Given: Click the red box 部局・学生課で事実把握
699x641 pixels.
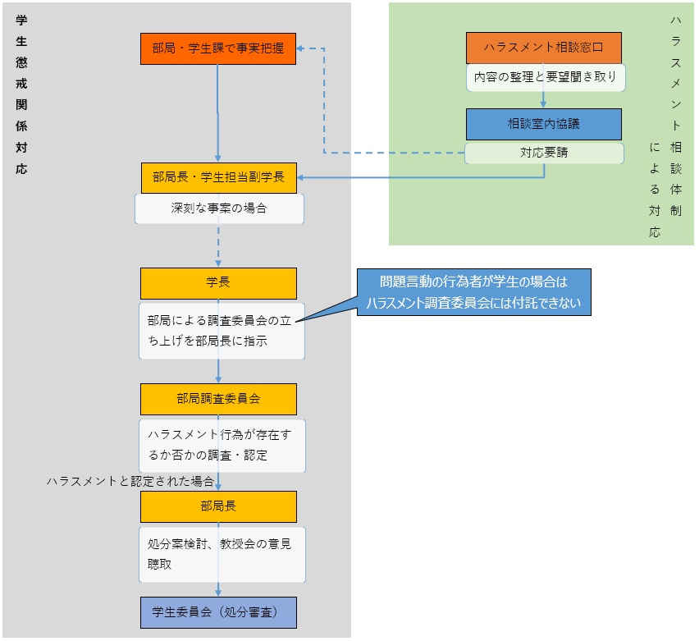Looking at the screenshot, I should click(217, 48).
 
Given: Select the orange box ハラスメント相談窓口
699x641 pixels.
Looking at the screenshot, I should click(543, 48).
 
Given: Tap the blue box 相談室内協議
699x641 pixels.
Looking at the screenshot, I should click(543, 125).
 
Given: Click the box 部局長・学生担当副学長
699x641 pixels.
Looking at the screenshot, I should click(217, 177).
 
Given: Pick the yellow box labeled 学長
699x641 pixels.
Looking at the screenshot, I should click(217, 282).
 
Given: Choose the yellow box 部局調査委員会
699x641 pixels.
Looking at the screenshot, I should click(217, 399).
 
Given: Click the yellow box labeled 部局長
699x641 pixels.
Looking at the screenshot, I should click(217, 506).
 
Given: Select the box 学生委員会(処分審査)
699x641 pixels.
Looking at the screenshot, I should click(217, 612).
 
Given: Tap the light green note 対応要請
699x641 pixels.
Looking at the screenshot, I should click(543, 153).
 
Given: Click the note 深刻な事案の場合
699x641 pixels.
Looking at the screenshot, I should click(219, 208).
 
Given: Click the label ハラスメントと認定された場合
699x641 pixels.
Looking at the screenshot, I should click(130, 481).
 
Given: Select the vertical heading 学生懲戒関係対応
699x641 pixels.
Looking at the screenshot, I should click(21, 94).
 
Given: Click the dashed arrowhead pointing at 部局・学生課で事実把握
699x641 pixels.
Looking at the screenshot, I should click(301, 48).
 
